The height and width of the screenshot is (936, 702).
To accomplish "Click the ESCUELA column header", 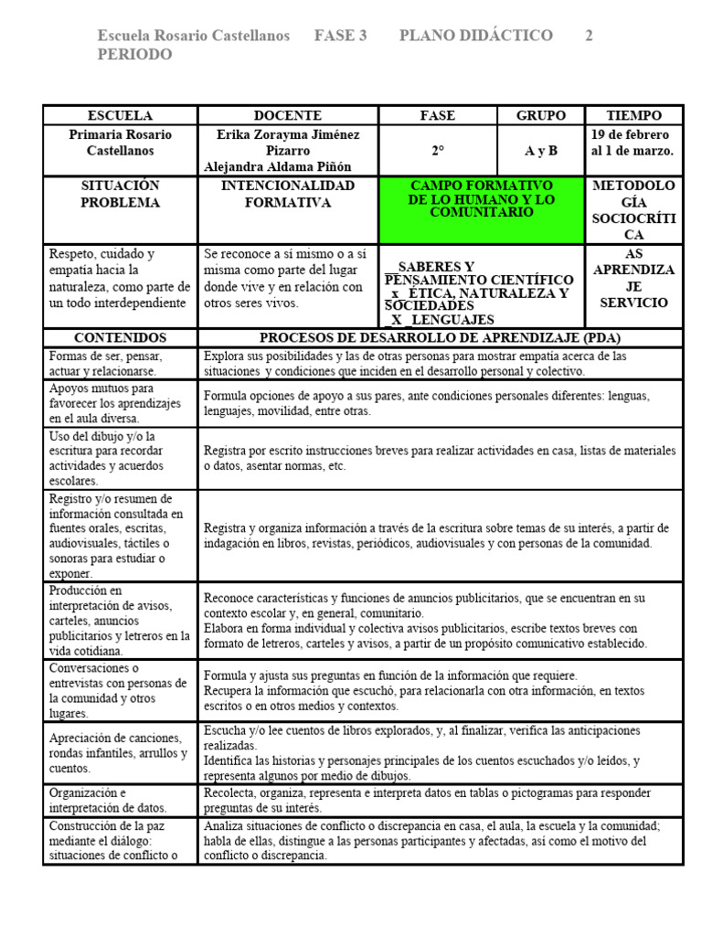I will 120,116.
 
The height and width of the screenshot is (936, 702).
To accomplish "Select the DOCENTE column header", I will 288,116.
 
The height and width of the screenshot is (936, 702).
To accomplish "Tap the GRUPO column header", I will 540,116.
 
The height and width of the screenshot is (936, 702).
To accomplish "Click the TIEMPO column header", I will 634,116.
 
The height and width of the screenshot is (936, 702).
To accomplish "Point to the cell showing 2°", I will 438,151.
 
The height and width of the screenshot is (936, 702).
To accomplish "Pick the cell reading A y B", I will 540,151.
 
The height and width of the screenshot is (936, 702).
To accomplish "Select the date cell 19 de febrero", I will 634,134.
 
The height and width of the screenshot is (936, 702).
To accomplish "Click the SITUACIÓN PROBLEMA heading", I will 120,194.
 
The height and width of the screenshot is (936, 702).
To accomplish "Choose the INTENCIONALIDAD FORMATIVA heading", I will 288,194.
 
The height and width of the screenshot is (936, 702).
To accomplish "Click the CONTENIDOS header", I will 120,337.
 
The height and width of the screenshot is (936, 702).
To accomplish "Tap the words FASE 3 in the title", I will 340,36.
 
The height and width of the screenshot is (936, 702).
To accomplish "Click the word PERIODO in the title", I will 134,55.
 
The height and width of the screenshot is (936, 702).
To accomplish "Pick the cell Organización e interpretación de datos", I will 120,801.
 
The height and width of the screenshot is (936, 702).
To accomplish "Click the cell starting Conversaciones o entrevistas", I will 120,691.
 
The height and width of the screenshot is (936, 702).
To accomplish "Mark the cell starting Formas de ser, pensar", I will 120,364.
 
